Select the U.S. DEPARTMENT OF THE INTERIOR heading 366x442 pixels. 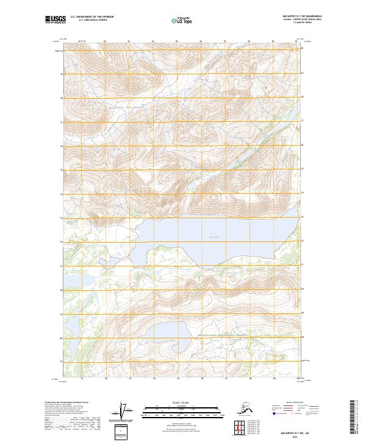(x=88, y=17)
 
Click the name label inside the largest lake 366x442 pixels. (x=213, y=238)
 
